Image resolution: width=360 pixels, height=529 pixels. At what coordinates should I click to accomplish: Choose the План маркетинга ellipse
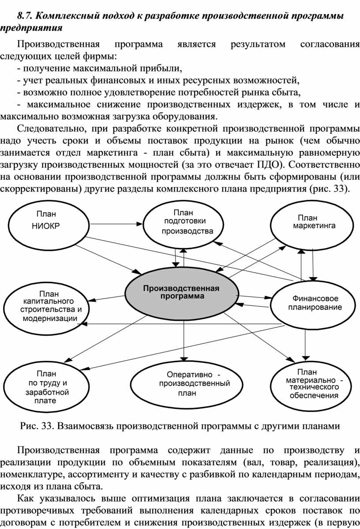(312, 225)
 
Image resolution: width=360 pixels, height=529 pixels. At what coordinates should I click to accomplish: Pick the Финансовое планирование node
(313, 304)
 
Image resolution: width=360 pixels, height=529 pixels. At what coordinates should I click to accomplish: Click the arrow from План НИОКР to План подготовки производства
(116, 223)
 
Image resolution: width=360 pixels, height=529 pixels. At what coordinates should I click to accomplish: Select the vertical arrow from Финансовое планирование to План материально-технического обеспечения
(305, 344)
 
